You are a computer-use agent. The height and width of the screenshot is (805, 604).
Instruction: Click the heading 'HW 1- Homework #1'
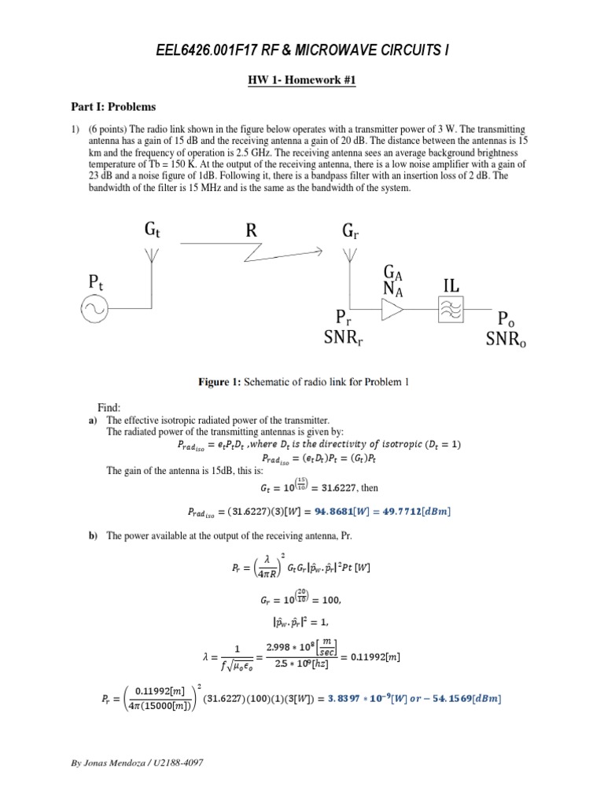pyautogui.click(x=301, y=81)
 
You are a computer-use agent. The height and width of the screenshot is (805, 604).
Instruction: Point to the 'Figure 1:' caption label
pyautogui.click(x=217, y=382)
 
